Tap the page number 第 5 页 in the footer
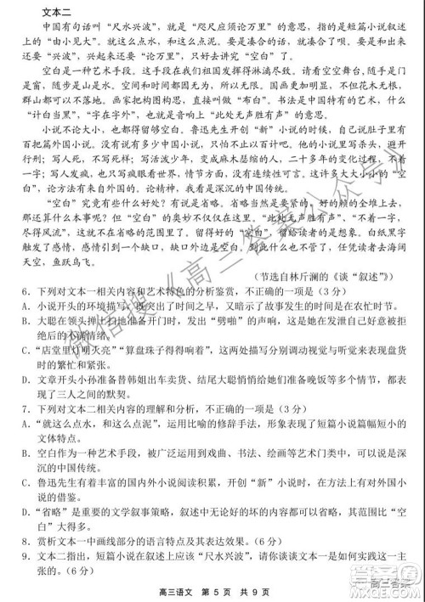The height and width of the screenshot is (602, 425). [208, 592]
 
